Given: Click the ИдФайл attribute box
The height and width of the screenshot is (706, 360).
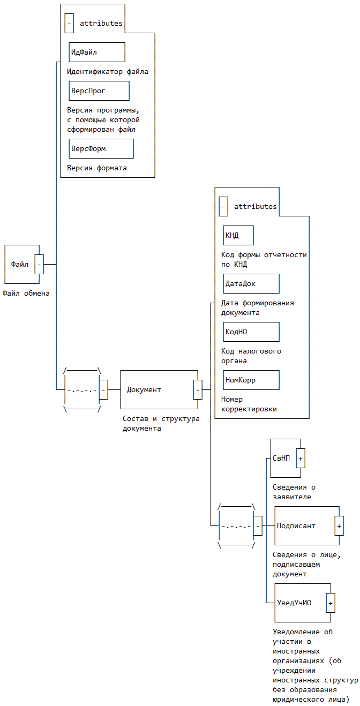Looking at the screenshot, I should [x=96, y=52].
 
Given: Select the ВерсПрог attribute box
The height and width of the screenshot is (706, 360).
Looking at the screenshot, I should [x=99, y=91].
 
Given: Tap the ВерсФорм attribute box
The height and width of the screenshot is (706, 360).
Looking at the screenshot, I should [x=101, y=149].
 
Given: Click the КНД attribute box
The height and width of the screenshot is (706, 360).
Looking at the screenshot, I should [x=238, y=236].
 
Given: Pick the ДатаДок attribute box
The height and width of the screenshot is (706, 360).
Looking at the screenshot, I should [x=251, y=284].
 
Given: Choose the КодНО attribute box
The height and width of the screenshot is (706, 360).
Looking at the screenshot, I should [x=251, y=332].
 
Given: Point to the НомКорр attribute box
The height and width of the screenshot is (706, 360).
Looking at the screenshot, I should [x=251, y=380].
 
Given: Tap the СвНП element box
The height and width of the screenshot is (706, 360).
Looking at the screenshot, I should [x=283, y=459].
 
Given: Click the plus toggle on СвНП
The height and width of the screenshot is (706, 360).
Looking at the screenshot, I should [x=301, y=459].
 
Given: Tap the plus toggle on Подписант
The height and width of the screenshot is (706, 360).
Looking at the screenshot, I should [x=339, y=526].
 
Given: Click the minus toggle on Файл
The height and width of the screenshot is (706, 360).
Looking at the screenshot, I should [x=39, y=265].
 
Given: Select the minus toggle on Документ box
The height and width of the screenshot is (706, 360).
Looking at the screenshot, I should [x=198, y=390].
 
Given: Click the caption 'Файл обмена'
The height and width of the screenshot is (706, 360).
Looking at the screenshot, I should [x=26, y=293].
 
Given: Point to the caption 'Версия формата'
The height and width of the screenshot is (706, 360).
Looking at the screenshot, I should [x=97, y=168].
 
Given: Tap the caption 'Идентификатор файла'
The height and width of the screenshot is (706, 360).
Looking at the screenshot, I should [x=108, y=71].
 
